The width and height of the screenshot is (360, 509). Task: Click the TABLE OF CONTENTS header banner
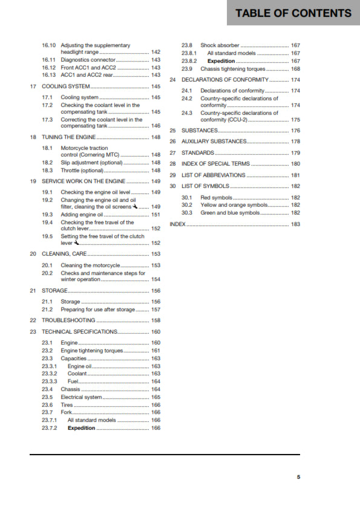pos(293,13)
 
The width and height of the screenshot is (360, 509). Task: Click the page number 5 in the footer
pos(298,477)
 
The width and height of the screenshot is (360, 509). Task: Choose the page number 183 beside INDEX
pos(295,224)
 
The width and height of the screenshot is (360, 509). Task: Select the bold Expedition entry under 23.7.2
pos(81,428)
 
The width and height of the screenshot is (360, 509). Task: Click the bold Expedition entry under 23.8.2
pos(221,61)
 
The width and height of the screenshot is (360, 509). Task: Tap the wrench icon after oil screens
pos(136,206)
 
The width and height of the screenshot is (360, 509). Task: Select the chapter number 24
pos(173,80)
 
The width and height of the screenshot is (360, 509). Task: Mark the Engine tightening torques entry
pos(91,351)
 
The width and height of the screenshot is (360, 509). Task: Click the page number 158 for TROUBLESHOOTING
pos(155,320)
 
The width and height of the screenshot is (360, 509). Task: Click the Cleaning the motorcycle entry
pos(91,265)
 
